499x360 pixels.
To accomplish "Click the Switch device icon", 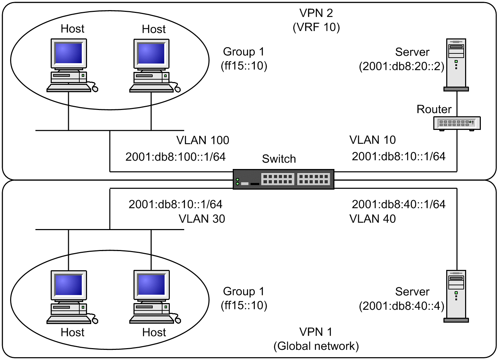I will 283,179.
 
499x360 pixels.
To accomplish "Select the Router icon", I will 457,123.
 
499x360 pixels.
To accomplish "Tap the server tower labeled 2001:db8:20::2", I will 456,65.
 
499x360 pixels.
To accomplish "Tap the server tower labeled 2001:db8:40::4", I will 456,296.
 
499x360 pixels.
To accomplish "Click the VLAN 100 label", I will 203,140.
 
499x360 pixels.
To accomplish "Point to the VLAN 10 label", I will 373,140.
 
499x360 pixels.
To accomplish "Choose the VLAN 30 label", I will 202,219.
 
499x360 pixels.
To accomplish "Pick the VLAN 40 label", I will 373,219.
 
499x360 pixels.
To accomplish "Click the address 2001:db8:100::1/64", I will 175,157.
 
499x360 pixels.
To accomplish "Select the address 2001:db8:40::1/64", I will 398,204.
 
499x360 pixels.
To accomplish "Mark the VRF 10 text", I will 316,27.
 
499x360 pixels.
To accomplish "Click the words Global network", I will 316,346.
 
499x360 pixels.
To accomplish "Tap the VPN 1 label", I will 316,332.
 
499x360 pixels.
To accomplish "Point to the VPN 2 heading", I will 316,13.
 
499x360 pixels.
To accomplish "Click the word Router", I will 434,109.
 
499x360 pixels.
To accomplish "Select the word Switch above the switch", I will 279,159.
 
